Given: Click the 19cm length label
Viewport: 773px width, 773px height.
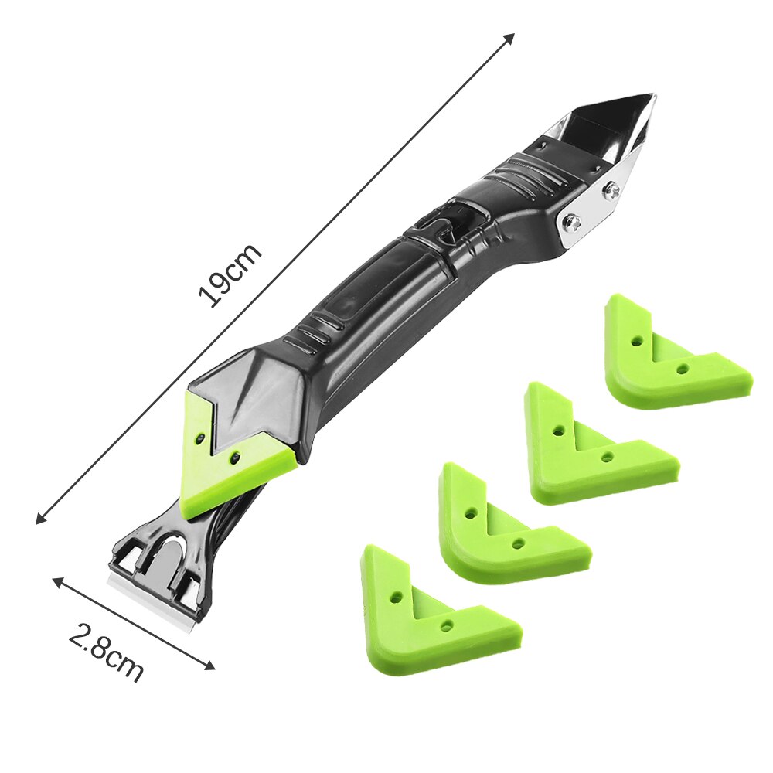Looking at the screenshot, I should pos(230,276).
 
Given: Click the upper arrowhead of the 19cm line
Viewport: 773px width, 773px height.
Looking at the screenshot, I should pos(509,37).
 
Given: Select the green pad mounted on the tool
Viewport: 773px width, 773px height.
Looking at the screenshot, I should pos(224,464).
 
